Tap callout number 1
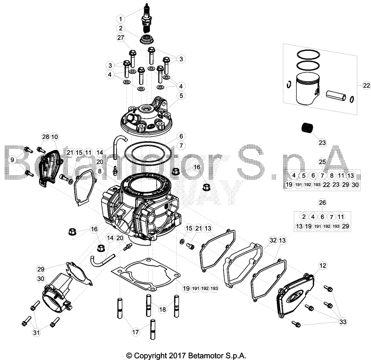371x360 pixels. tap(121, 19)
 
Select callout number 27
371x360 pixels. tap(121, 38)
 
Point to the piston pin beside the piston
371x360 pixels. tap(336, 95)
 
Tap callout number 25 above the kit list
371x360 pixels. tap(322, 162)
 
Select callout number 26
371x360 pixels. tap(322, 203)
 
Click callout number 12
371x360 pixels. tap(323, 266)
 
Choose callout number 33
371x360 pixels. tap(343, 322)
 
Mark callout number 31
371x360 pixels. tap(36, 333)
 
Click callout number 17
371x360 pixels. tap(136, 332)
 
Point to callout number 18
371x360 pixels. tap(163, 309)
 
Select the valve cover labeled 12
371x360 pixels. tap(295, 295)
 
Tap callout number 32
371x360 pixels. tap(273, 240)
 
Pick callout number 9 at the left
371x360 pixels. tap(12, 160)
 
